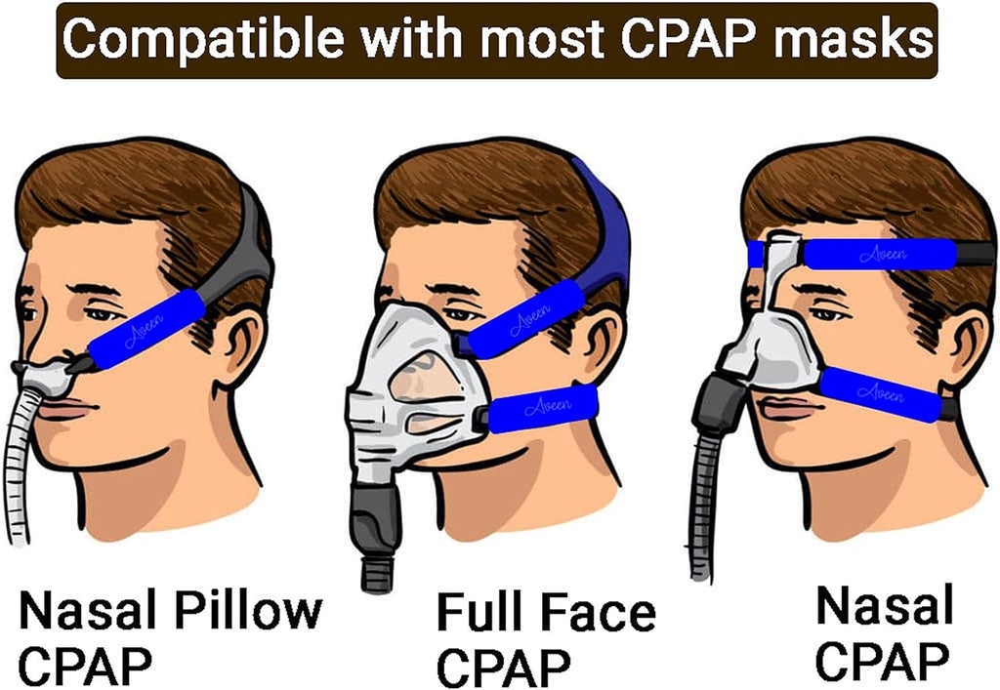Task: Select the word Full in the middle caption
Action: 478,613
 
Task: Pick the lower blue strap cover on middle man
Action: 543,408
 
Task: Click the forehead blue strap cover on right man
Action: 879,254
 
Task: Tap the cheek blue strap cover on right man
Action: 879,393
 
